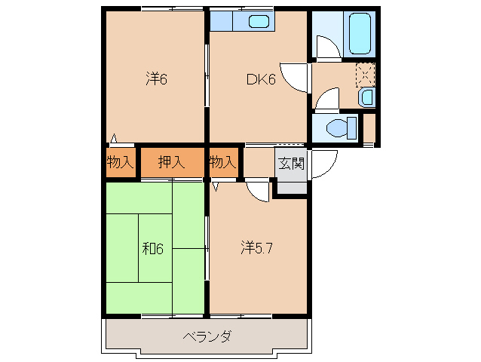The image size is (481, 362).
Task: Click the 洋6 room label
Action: [155, 78]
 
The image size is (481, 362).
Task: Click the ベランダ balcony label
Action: [206, 336]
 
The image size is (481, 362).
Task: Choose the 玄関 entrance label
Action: [291, 163]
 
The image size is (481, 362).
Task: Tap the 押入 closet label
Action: [171, 161]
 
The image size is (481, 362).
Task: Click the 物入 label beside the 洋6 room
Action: [119, 161]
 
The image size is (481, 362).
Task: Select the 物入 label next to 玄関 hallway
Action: [222, 161]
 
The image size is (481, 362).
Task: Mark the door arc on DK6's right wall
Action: [299, 78]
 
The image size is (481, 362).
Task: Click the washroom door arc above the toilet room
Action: [327, 99]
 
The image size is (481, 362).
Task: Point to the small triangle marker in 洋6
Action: [113, 138]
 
